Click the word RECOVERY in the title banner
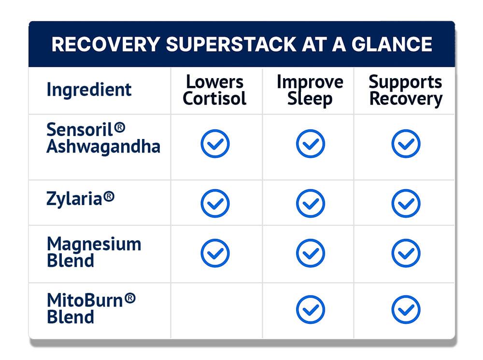pyautogui.click(x=106, y=44)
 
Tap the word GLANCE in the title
pyautogui.click(x=392, y=44)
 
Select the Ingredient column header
pyautogui.click(x=89, y=90)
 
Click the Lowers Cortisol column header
pyautogui.click(x=214, y=90)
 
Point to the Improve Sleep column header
pyautogui.click(x=310, y=90)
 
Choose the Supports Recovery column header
pyautogui.click(x=406, y=90)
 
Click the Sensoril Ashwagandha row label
pyautogui.click(x=103, y=138)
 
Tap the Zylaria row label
pyautogui.click(x=80, y=198)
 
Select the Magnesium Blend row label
pyautogui.click(x=94, y=252)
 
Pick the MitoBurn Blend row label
pyautogui.click(x=91, y=308)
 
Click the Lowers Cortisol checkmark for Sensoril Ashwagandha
pyautogui.click(x=215, y=144)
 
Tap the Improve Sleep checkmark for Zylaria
pyautogui.click(x=311, y=203)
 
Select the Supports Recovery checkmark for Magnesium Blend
pyautogui.click(x=406, y=253)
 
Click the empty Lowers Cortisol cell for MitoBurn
pyautogui.click(x=216, y=310)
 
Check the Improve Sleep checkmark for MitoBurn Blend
pyautogui.click(x=311, y=309)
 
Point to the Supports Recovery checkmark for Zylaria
pyautogui.click(x=406, y=203)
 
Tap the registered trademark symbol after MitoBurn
pyautogui.click(x=130, y=298)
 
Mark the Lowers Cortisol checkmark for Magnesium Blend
pyautogui.click(x=215, y=253)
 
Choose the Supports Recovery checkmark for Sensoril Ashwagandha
pyautogui.click(x=406, y=144)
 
